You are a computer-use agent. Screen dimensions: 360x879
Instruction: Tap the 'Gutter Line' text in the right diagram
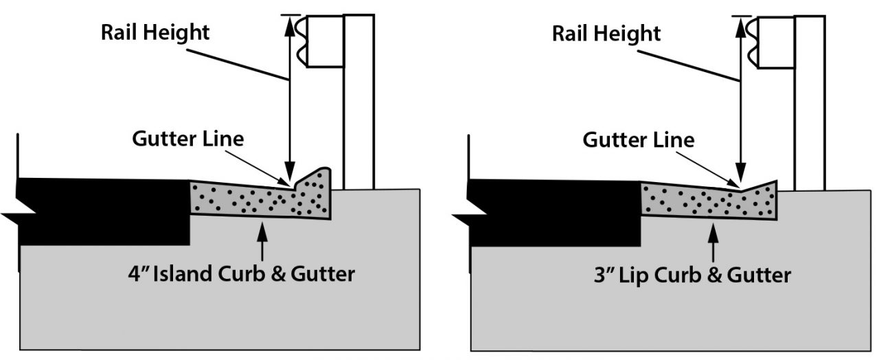[x=638, y=140]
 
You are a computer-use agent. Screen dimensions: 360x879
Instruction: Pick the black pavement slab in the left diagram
[x=103, y=210]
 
